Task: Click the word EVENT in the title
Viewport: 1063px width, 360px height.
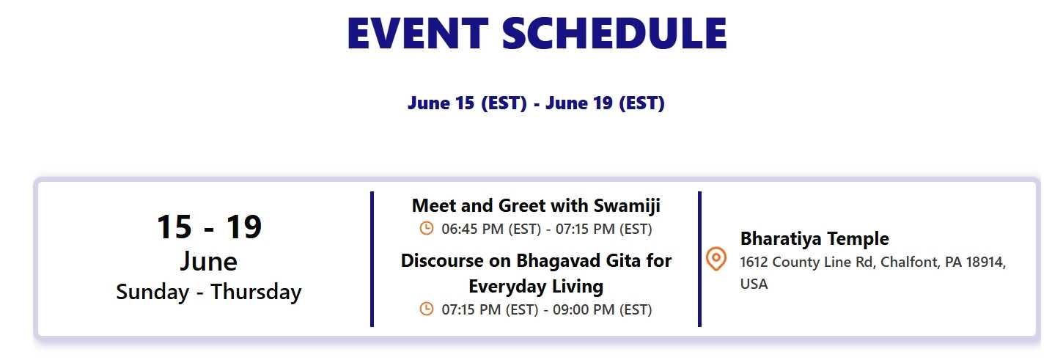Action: pyautogui.click(x=418, y=33)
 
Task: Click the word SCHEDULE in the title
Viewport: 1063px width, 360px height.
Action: pyautogui.click(x=614, y=33)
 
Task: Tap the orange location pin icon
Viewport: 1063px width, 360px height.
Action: pyautogui.click(x=716, y=259)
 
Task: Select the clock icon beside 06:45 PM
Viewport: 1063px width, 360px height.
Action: pyautogui.click(x=427, y=229)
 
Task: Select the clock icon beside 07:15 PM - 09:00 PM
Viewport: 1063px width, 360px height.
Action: pyautogui.click(x=427, y=309)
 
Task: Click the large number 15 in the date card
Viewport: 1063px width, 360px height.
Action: pyautogui.click(x=174, y=227)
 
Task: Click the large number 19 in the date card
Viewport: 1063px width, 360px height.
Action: pyautogui.click(x=244, y=227)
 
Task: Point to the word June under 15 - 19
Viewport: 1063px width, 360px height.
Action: pyautogui.click(x=209, y=261)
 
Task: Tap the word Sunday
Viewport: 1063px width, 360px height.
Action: pyautogui.click(x=152, y=292)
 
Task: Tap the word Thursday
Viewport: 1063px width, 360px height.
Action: pyautogui.click(x=257, y=292)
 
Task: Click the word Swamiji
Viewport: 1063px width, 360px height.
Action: pyautogui.click(x=627, y=206)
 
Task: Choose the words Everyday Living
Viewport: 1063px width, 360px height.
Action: pyautogui.click(x=536, y=287)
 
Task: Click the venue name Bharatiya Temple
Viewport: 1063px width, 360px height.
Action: pyautogui.click(x=814, y=238)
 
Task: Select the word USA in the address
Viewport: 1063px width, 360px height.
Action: pyautogui.click(x=754, y=284)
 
